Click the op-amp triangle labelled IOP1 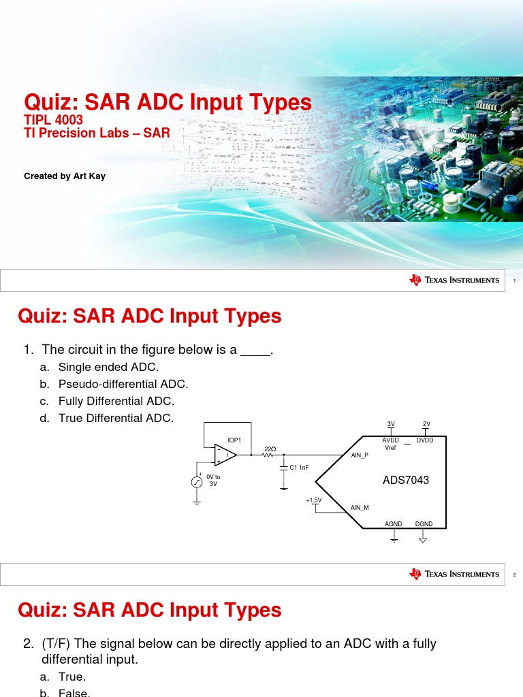click(225, 455)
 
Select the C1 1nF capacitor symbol click(284, 468)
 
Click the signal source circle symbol click(196, 482)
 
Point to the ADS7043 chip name click(406, 481)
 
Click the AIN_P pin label click(360, 455)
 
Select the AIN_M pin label click(360, 508)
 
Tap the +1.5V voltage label click(313, 500)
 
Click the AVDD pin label click(391, 441)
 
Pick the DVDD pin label click(425, 441)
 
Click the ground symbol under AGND click(394, 539)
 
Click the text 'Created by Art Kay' click(65, 176)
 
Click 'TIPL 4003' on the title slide click(53, 120)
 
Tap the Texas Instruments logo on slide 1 click(454, 280)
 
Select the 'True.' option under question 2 click(72, 677)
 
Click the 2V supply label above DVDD click(426, 424)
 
